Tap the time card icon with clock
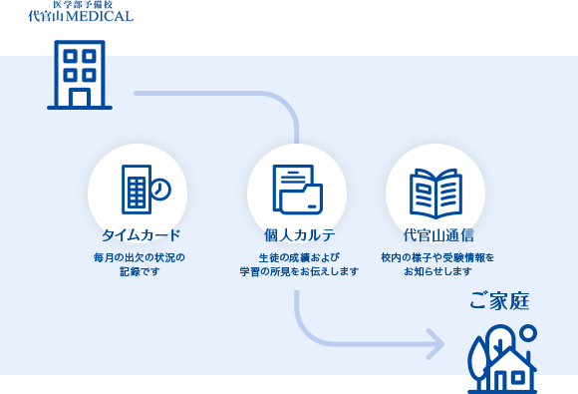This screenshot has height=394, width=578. point(144,189)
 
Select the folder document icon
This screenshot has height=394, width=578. point(296,189)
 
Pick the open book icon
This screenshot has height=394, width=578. point(434,189)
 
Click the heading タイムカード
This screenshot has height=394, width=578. point(141,236)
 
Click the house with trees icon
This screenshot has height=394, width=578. point(502,359)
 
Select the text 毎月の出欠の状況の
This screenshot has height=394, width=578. point(140,257)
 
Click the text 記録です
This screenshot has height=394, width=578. point(140,271)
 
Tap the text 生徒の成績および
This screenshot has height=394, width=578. point(296,257)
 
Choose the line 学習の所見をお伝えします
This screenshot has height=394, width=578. point(298,271)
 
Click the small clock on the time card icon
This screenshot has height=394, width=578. point(159,189)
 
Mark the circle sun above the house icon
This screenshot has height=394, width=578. point(528,332)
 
